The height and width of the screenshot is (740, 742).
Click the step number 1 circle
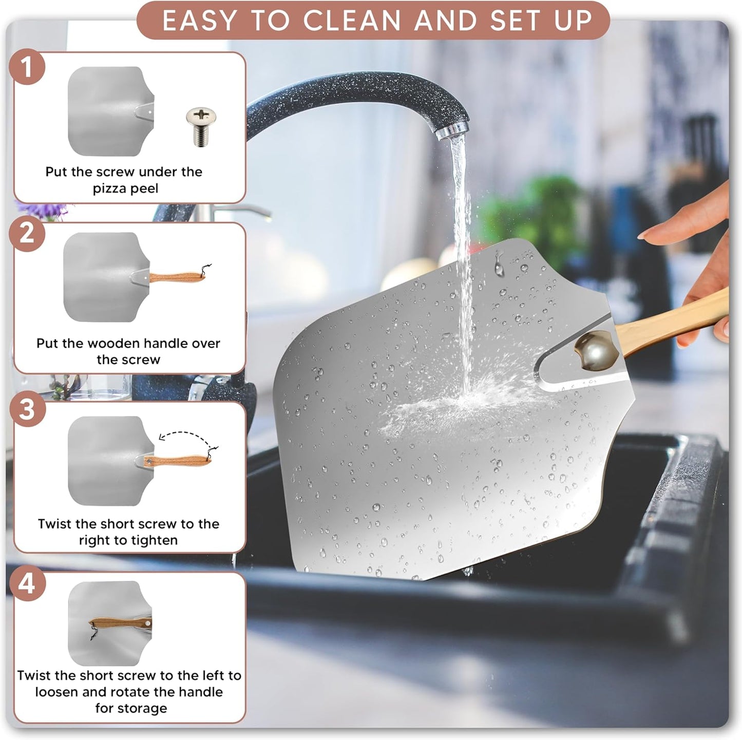coord(27,67)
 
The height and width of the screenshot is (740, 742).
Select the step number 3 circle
coord(27,409)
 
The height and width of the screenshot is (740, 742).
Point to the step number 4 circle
coord(27,583)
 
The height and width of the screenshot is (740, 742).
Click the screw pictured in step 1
coord(201,126)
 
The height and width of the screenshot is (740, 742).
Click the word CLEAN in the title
coord(352,21)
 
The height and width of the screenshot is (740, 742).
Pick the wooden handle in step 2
coord(177,277)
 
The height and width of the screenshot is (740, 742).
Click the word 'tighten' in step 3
coord(145,540)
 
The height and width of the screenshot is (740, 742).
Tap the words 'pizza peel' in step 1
coord(125,188)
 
